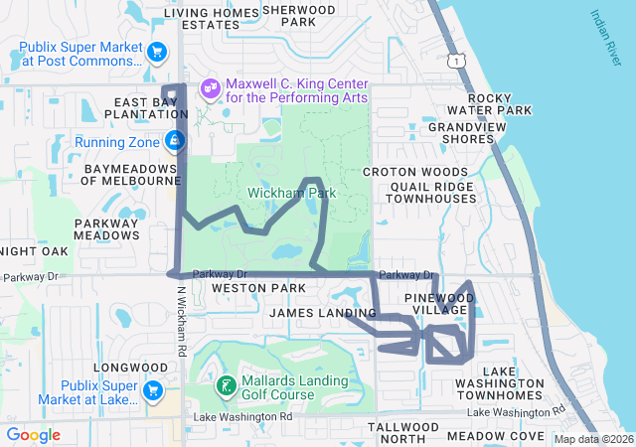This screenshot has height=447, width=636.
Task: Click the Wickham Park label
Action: pyautogui.click(x=293, y=192)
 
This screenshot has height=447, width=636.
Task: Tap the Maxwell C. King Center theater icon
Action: pyautogui.click(x=210, y=88)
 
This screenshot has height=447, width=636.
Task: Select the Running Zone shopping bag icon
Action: pyautogui.click(x=175, y=141)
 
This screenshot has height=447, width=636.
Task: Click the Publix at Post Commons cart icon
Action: pyautogui.click(x=156, y=52)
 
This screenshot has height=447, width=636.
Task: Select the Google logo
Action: pyautogui.click(x=33, y=435)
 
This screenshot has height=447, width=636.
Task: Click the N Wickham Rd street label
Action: pyautogui.click(x=182, y=323)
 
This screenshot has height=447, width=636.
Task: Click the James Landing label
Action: pyautogui.click(x=323, y=313)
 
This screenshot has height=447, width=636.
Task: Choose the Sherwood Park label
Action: pyautogui.click(x=299, y=15)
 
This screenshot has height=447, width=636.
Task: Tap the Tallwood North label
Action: pyautogui.click(x=402, y=432)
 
